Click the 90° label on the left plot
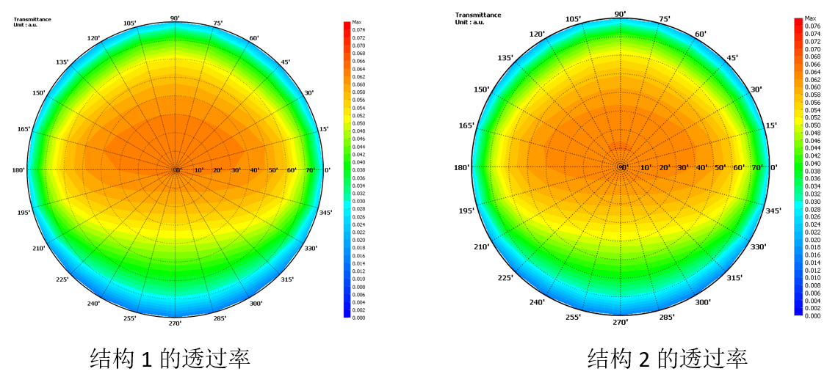pyautogui.click(x=175, y=18)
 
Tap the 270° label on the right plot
pyautogui.click(x=621, y=321)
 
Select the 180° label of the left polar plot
pyautogui.click(x=18, y=170)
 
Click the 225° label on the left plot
pyautogui.click(x=62, y=279)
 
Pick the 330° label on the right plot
pyautogui.click(x=759, y=246)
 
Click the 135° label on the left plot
pyautogui.click(x=62, y=62)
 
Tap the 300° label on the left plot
pyautogui.click(x=256, y=303)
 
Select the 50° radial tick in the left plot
pyautogui.click(x=274, y=170)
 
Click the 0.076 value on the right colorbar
pyautogui.click(x=812, y=26)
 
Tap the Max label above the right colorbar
pyautogui.click(x=810, y=18)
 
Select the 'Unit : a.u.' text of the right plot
pyautogui.click(x=470, y=21)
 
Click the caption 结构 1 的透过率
pyautogui.click(x=170, y=359)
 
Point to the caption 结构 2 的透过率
pyautogui.click(x=667, y=359)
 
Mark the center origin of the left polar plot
pyautogui.click(x=176, y=170)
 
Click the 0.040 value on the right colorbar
pyautogui.click(x=812, y=164)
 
